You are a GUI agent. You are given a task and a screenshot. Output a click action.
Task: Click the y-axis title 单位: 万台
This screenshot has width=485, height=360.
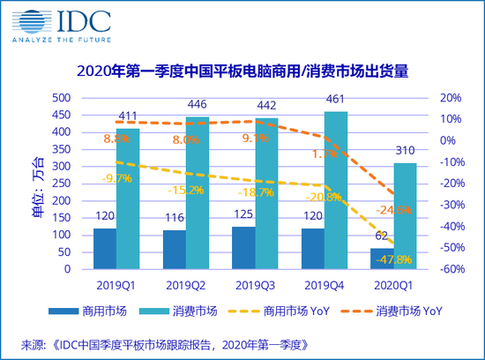point(34,183)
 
